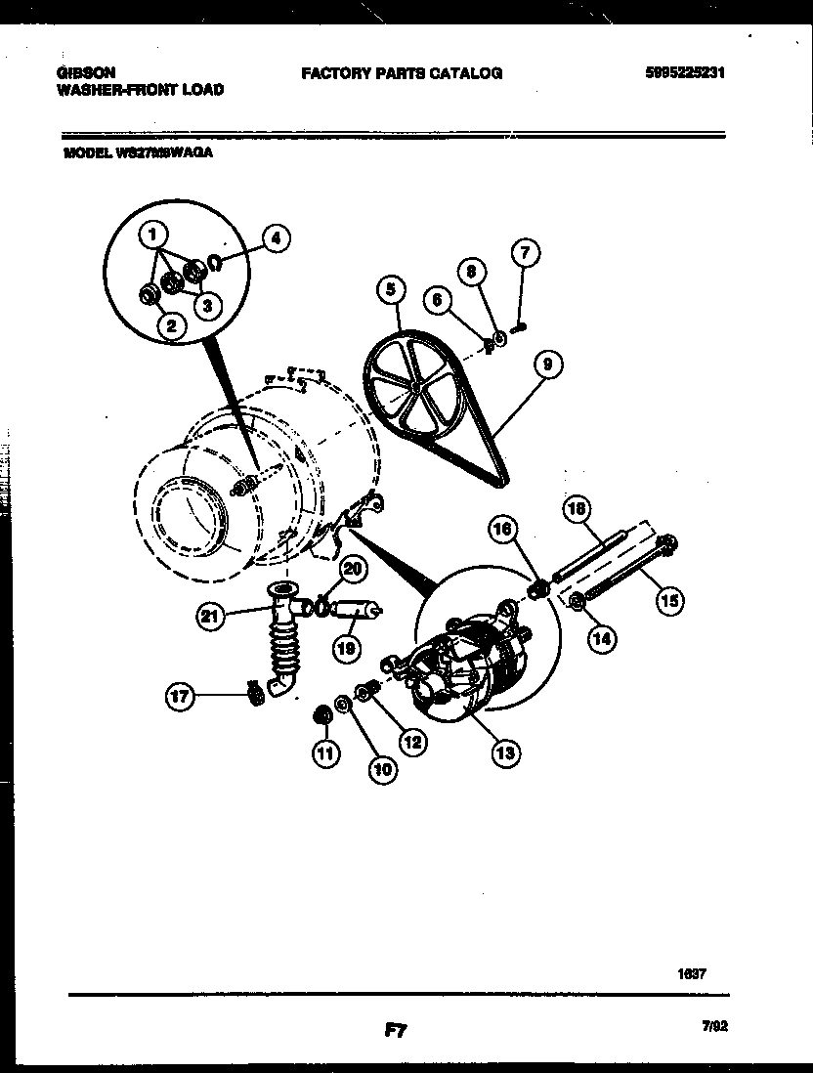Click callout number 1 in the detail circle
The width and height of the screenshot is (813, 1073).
pos(153,235)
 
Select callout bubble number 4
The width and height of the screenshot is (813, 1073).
pos(277,237)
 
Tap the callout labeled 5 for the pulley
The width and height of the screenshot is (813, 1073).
pos(390,288)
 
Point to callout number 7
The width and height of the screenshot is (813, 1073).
pos(525,254)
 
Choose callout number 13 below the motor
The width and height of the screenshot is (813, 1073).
pos(505,752)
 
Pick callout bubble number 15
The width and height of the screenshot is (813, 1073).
pos(668,600)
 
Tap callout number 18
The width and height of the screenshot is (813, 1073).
pos(578,508)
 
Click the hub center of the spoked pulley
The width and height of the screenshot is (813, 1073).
pos(415,386)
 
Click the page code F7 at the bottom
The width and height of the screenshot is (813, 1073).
pos(394,1029)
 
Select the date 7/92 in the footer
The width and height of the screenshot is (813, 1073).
pos(714,1026)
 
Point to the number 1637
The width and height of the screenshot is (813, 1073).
pos(691,973)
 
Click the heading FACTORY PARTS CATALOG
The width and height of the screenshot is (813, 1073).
pos(401,73)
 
